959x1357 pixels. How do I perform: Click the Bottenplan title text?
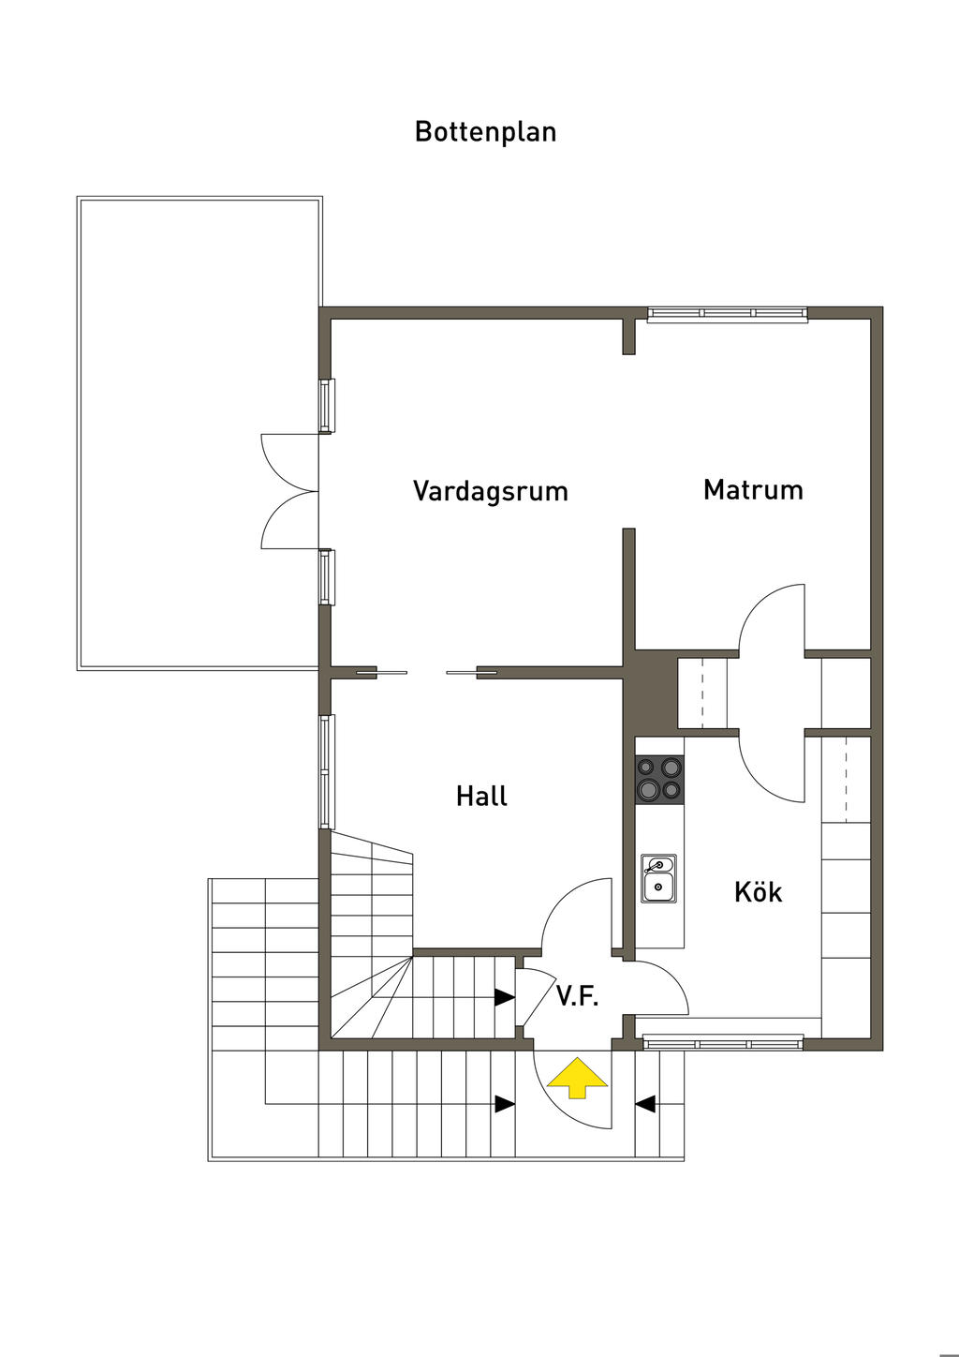tap(485, 131)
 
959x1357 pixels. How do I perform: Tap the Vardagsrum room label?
tap(490, 491)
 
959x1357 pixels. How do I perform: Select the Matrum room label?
tap(753, 489)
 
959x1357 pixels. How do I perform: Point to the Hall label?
tap(481, 796)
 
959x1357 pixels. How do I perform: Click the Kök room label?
tap(758, 891)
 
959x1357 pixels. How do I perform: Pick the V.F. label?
tap(577, 995)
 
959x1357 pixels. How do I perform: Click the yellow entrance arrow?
tap(577, 1078)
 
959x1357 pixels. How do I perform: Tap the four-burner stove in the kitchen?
tap(659, 779)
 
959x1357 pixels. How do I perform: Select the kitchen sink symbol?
tap(658, 878)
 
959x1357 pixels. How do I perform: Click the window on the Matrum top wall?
tap(727, 315)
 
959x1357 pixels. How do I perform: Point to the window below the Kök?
tap(723, 1041)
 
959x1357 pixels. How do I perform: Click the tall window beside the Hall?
tap(326, 771)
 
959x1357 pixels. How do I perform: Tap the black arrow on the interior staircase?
tap(504, 997)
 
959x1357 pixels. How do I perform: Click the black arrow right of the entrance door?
tap(645, 1104)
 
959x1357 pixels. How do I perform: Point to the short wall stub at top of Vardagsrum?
tap(629, 336)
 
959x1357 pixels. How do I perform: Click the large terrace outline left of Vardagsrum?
tap(199, 432)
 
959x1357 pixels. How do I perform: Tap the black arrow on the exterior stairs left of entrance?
tap(504, 1104)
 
